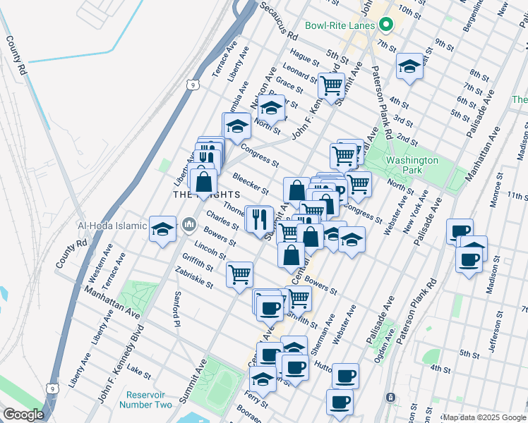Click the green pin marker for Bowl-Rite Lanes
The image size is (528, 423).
pos(385,25)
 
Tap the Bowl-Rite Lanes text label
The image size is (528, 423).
pos(339,26)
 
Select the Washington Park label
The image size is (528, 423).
pos(413,166)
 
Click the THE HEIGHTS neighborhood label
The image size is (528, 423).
pos(207,195)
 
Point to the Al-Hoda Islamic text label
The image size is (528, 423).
pos(112,226)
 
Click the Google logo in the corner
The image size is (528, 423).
pos(23,415)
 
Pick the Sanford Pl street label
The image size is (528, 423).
pos(176,309)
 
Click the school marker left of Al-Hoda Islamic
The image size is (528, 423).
pos(162,229)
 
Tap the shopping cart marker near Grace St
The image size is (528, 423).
pos(330,86)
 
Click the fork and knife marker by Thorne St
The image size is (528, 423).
pos(260,218)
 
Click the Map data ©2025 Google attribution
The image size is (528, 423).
pos(484,417)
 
